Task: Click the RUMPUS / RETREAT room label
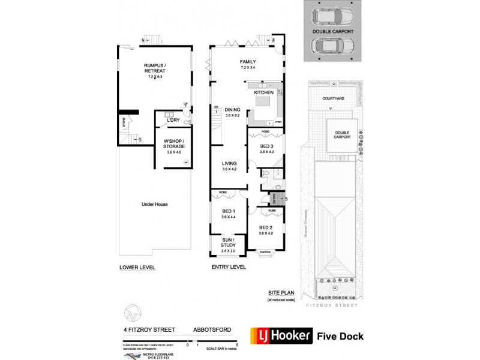click(154, 68)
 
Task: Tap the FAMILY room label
click(248, 62)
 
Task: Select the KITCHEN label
click(264, 93)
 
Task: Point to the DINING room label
click(232, 110)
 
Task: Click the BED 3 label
click(266, 146)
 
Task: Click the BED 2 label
click(266, 227)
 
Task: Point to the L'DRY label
click(173, 121)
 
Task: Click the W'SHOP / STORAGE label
click(174, 144)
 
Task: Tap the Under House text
click(154, 205)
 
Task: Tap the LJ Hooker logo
click(283, 335)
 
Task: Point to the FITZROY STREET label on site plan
click(332, 305)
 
